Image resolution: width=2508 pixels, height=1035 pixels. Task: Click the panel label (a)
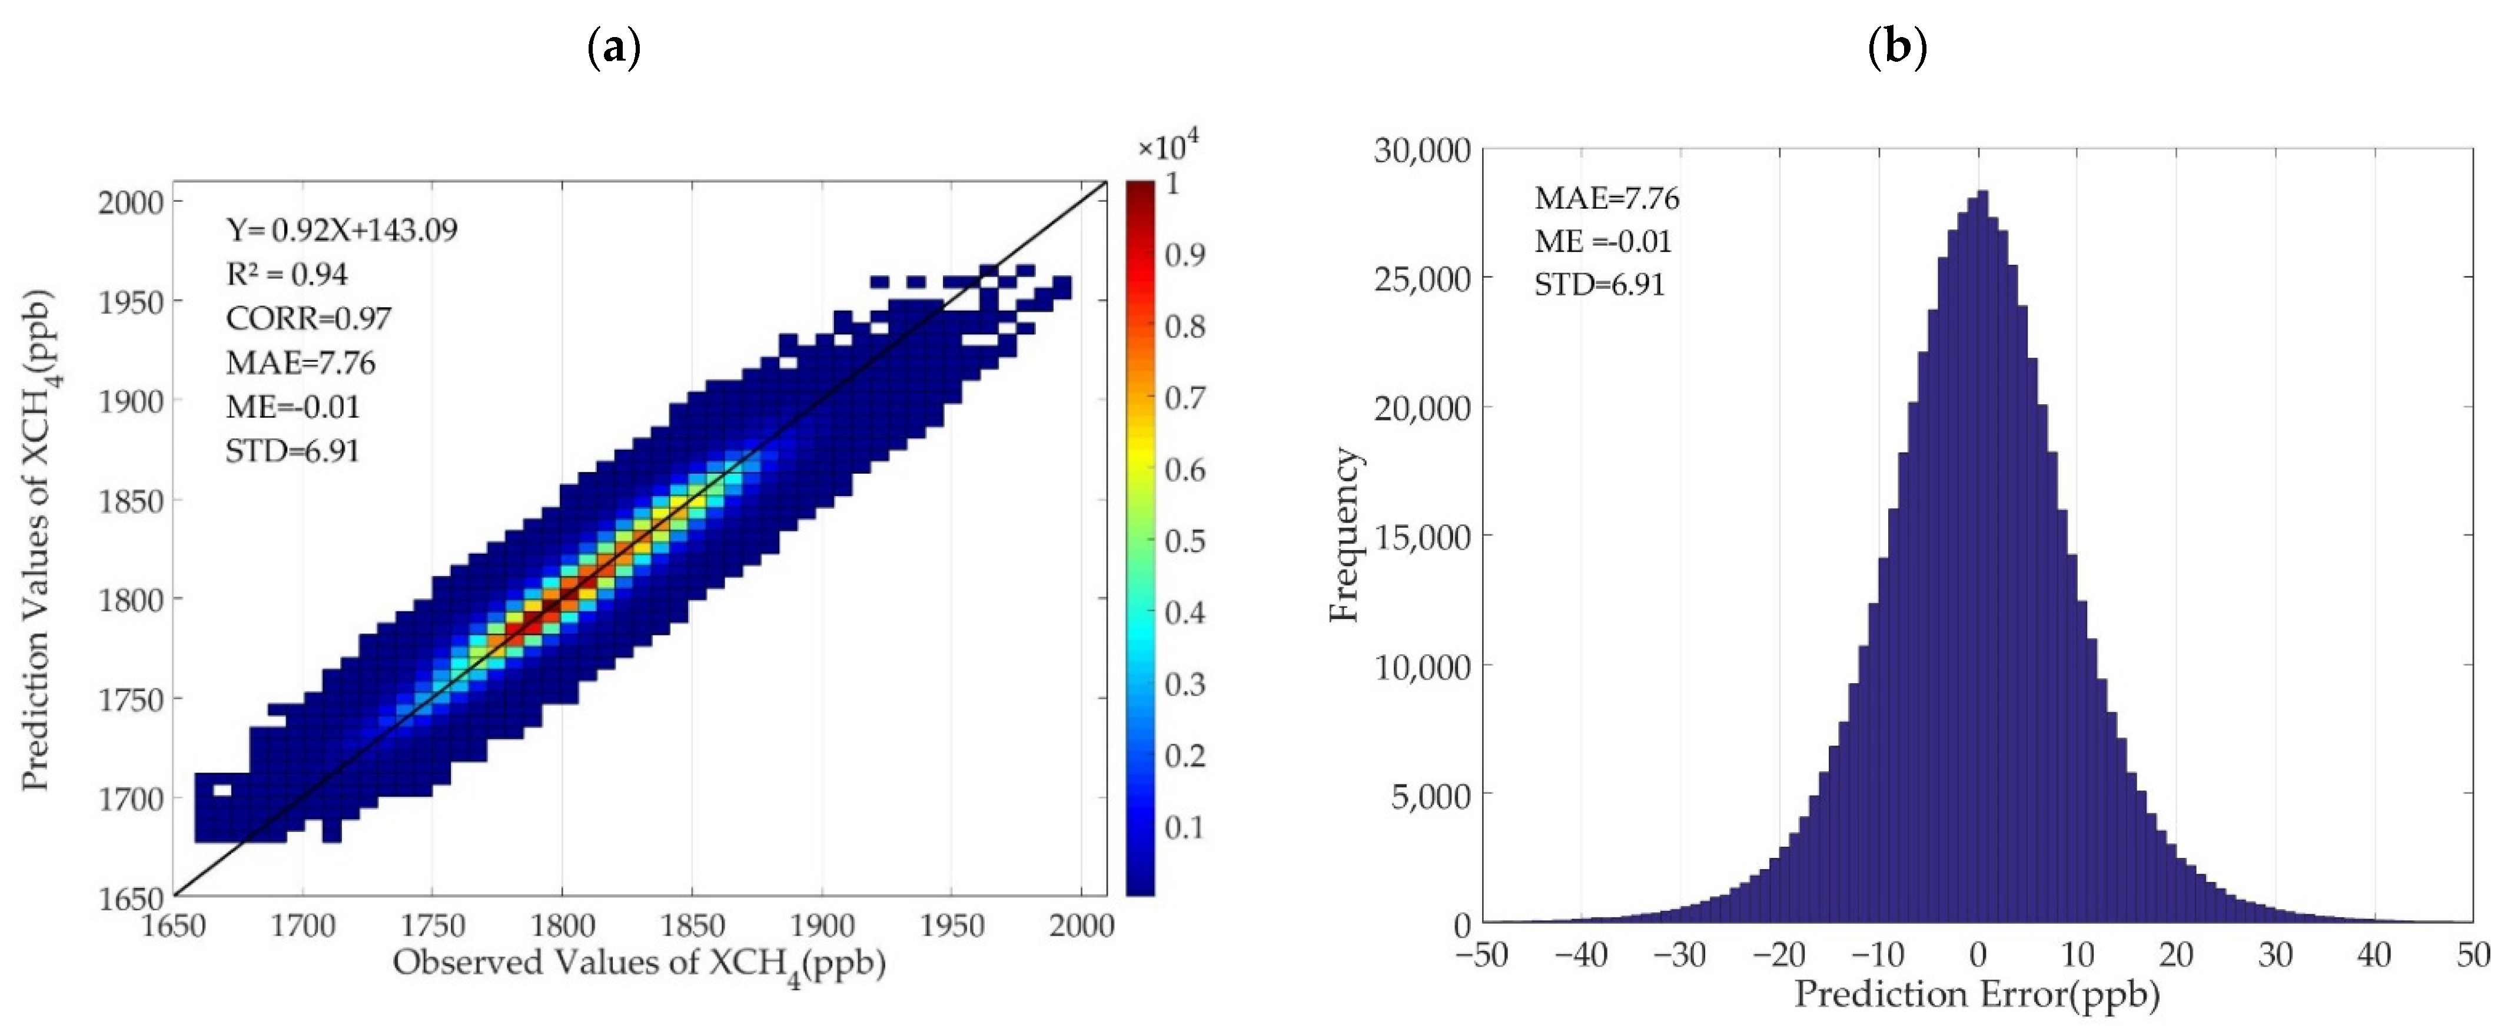pos(614,46)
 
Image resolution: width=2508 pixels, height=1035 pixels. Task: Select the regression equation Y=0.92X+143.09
pos(342,230)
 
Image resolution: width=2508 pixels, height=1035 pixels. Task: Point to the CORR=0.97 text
pos(308,318)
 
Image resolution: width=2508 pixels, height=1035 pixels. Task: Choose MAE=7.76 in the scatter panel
pos(301,363)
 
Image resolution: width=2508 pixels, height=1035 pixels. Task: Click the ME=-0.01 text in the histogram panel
pos(1603,241)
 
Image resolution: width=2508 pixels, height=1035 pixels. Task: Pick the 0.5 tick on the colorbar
pos(1185,541)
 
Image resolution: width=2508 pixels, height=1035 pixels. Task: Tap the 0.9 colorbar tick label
pos(1185,255)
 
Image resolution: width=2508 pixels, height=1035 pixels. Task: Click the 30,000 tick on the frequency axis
pos(1423,151)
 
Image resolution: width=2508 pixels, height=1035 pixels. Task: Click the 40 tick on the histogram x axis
pos(2374,955)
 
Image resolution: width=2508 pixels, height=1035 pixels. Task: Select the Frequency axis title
pos(1344,535)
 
